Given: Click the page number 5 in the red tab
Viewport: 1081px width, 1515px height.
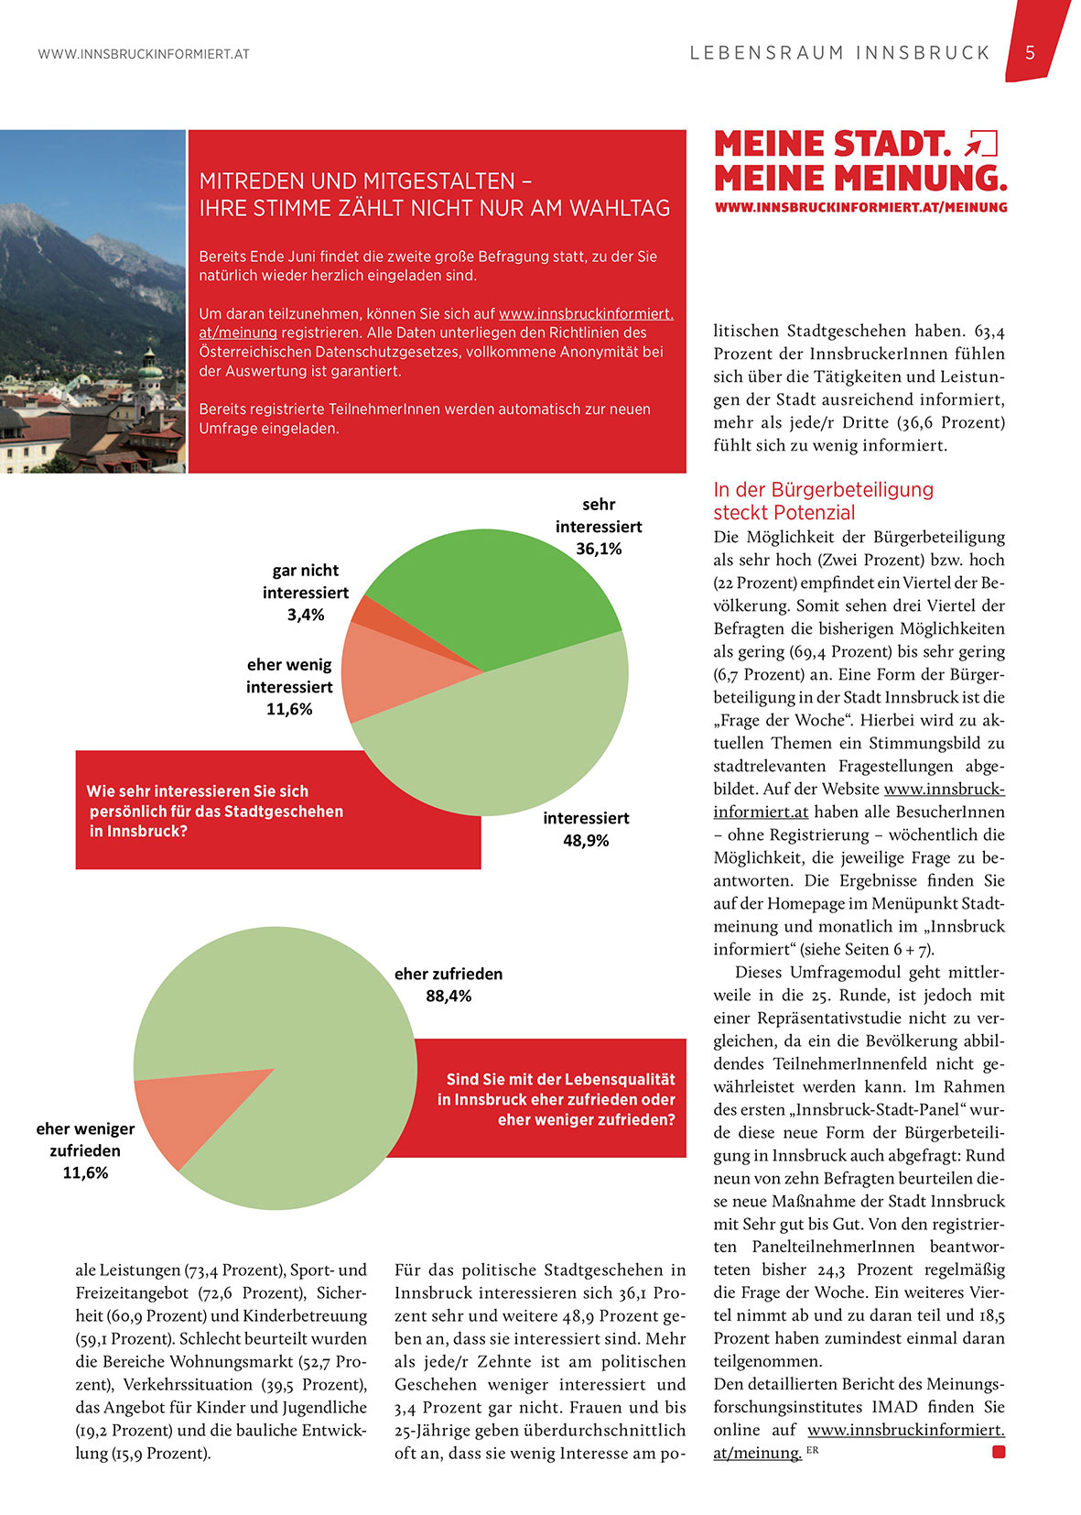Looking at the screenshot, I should pyautogui.click(x=1030, y=53).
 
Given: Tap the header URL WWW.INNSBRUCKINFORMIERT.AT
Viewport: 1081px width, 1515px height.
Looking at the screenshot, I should pyautogui.click(x=144, y=54).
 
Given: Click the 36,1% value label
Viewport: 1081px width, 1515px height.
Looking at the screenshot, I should pyautogui.click(x=599, y=549).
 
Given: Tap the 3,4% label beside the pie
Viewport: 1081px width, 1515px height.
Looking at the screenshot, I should pyautogui.click(x=306, y=615).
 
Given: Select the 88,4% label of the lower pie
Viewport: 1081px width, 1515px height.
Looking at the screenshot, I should pyautogui.click(x=449, y=996).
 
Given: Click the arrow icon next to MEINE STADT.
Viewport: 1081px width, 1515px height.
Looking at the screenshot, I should pyautogui.click(x=980, y=144).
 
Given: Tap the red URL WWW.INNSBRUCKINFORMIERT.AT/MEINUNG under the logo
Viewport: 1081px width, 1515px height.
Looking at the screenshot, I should pyautogui.click(x=860, y=208).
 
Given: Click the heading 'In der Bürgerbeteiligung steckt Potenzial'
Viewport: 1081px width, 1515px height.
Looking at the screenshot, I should pyautogui.click(x=823, y=500).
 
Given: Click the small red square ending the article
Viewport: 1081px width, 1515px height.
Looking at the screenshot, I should pyautogui.click(x=999, y=1452).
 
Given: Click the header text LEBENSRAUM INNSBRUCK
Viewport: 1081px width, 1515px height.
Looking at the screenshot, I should pyautogui.click(x=840, y=53).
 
